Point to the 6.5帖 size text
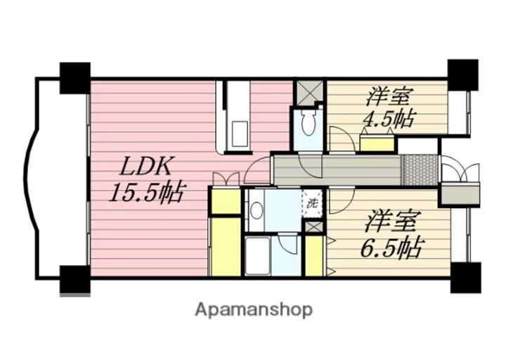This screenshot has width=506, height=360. tap(393, 247)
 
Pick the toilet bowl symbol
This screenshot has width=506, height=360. tap(307, 124)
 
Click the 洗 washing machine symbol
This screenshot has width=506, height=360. tap(312, 203)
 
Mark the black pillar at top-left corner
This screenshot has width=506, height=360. tap(74, 78)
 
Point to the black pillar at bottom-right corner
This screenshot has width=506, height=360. tap(464, 277)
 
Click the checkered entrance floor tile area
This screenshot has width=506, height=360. tap(419, 169)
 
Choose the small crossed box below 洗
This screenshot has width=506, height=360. tap(313, 228)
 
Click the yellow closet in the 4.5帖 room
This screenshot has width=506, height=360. tap(377, 144)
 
